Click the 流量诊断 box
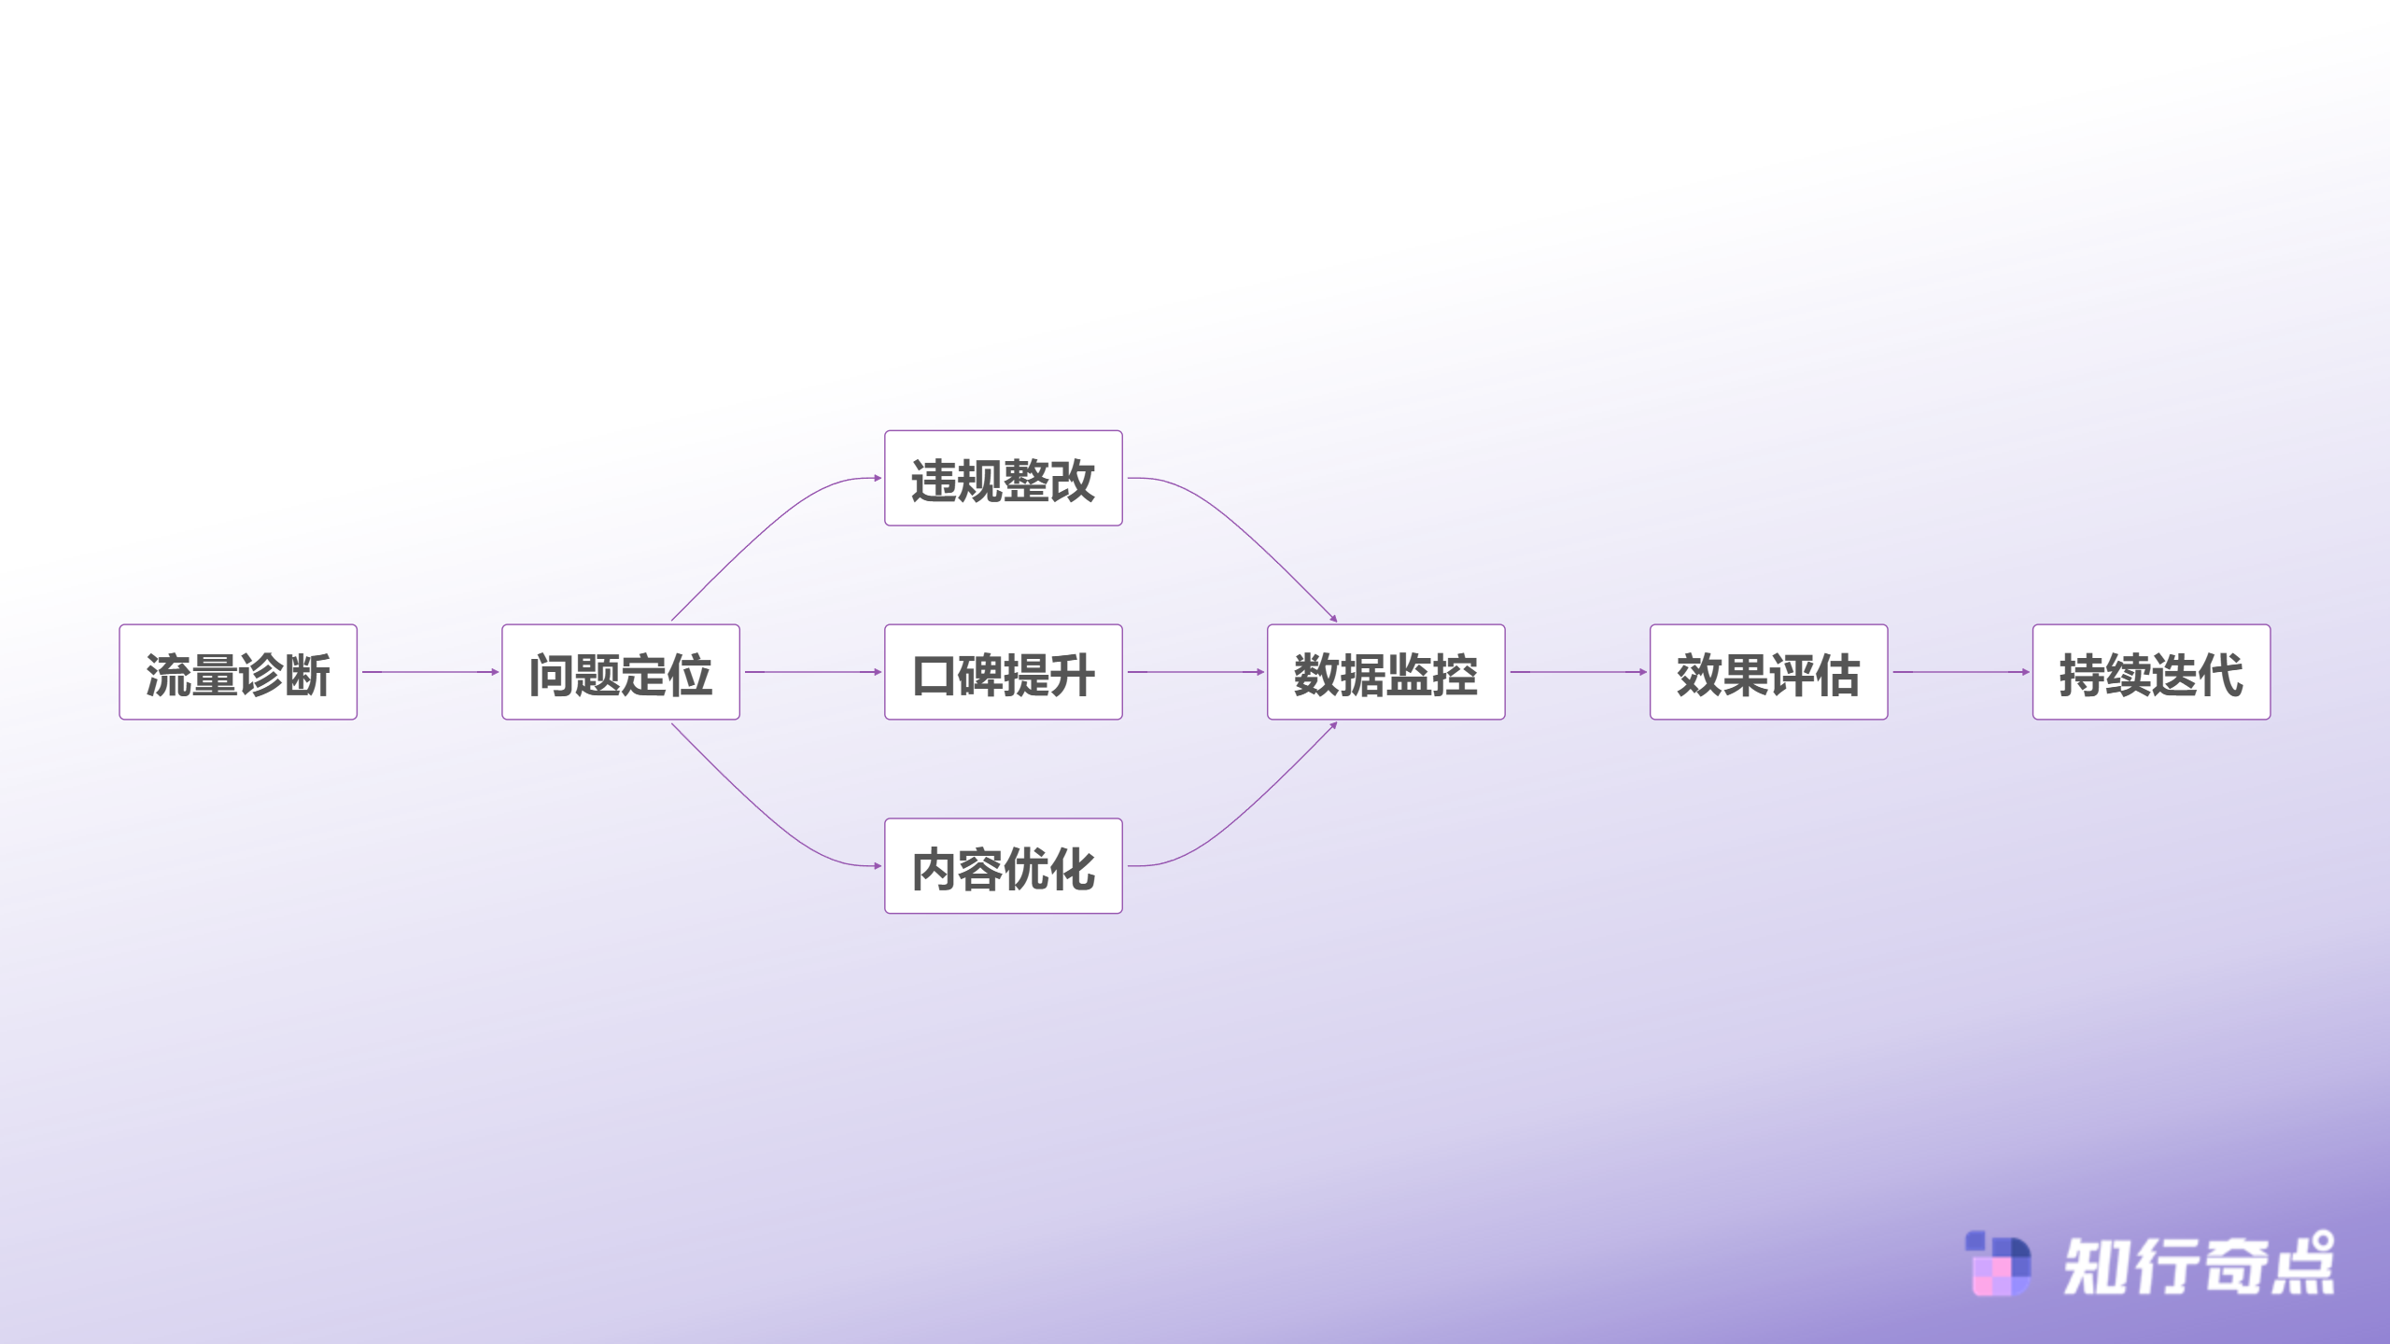pyautogui.click(x=238, y=672)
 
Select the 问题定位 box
pyautogui.click(x=621, y=672)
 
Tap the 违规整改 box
pyautogui.click(x=1004, y=478)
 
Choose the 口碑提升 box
pyautogui.click(x=1004, y=672)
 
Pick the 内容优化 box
pyautogui.click(x=1004, y=866)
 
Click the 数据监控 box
pyautogui.click(x=1386, y=672)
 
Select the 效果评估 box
pyautogui.click(x=1769, y=672)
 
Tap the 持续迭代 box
pyautogui.click(x=2152, y=672)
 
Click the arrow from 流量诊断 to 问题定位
pyautogui.click(x=430, y=672)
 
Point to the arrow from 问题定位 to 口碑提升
pyautogui.click(x=813, y=672)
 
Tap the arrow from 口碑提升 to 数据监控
pyautogui.click(x=1196, y=672)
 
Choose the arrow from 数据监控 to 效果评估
pyautogui.click(x=1579, y=672)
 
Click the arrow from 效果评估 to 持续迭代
pyautogui.click(x=1961, y=672)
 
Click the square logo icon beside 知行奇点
pyautogui.click(x=1998, y=1264)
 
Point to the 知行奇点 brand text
pyautogui.click(x=2199, y=1264)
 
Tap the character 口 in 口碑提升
pyautogui.click(x=934, y=675)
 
